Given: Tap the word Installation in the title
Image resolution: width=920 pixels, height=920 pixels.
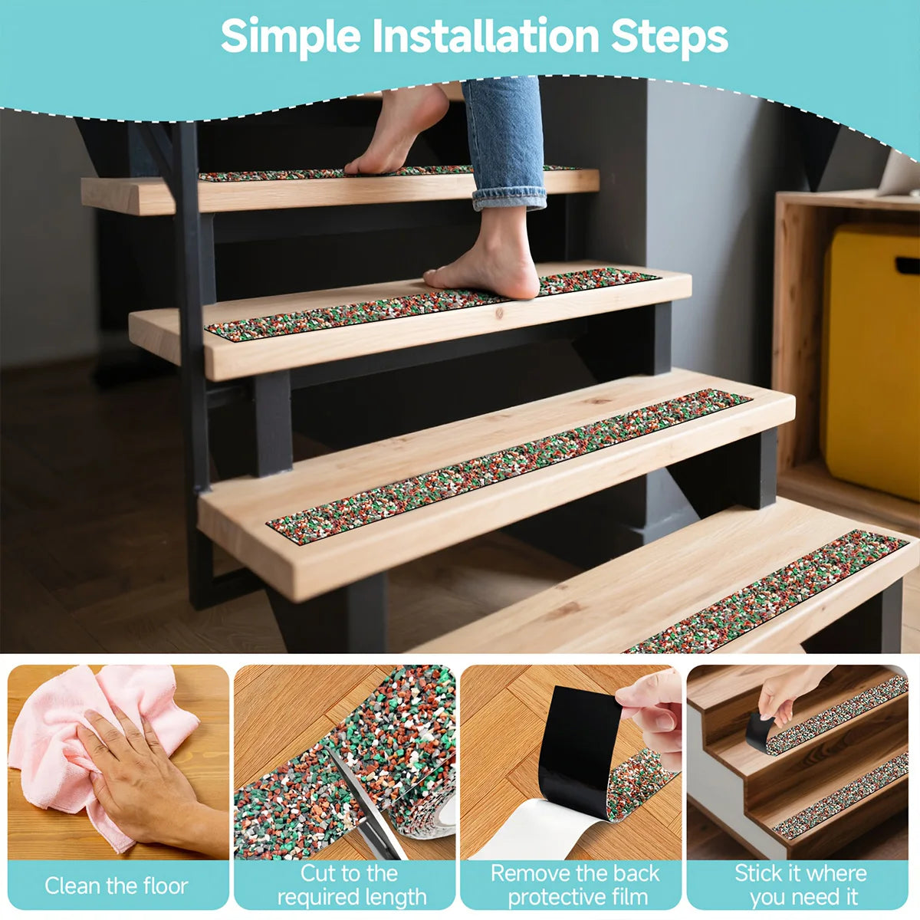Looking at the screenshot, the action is tap(485, 36).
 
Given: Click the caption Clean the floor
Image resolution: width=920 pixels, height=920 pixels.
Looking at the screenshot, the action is tap(117, 886).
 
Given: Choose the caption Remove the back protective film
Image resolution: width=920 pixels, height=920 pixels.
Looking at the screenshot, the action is tap(575, 886).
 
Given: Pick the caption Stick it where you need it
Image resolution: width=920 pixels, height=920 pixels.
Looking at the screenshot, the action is tap(800, 886).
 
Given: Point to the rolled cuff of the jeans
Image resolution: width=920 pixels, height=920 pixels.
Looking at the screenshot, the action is tap(509, 198).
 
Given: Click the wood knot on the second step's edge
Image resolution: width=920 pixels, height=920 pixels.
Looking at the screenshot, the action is tap(499, 314).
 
